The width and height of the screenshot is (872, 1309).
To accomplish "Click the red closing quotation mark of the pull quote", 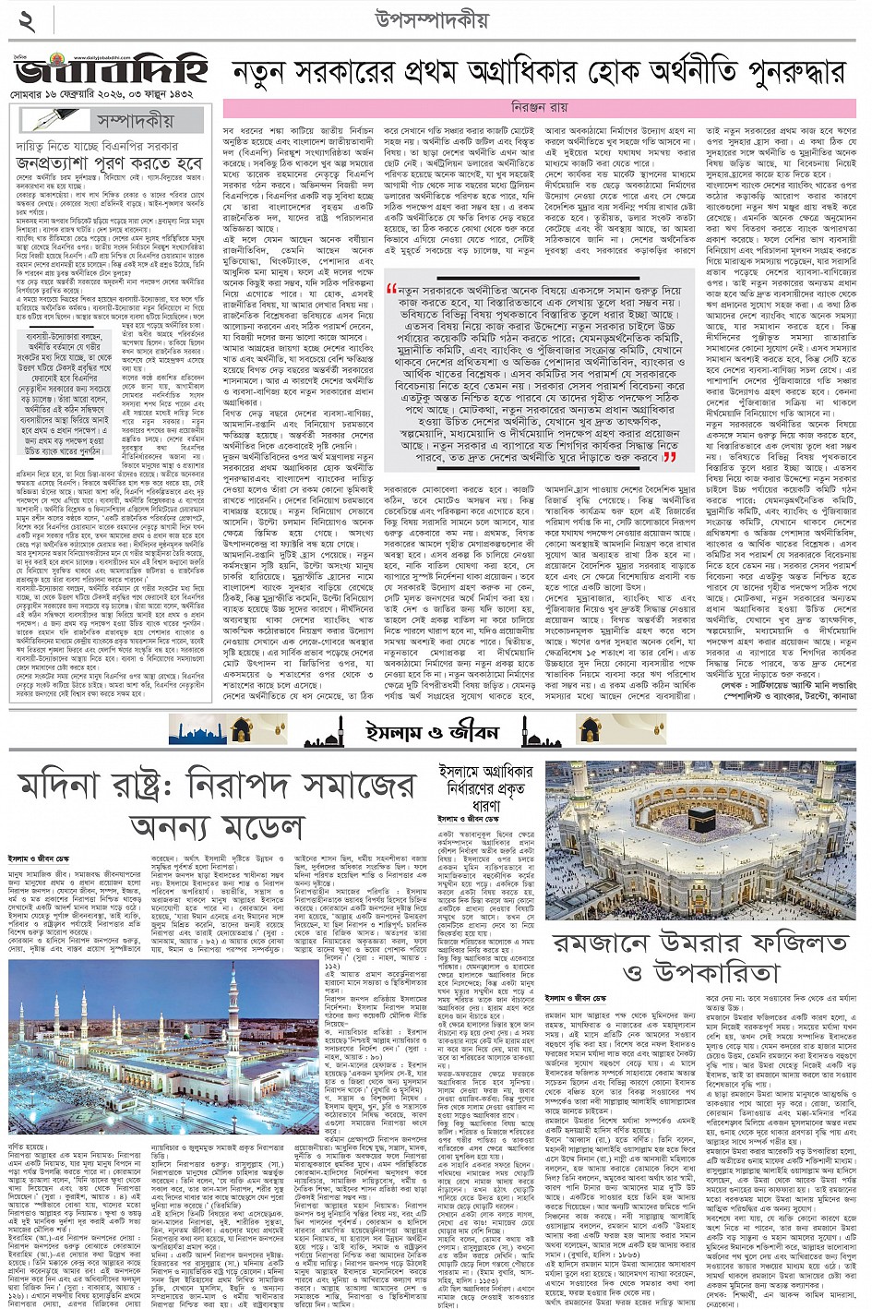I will point(671,456).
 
